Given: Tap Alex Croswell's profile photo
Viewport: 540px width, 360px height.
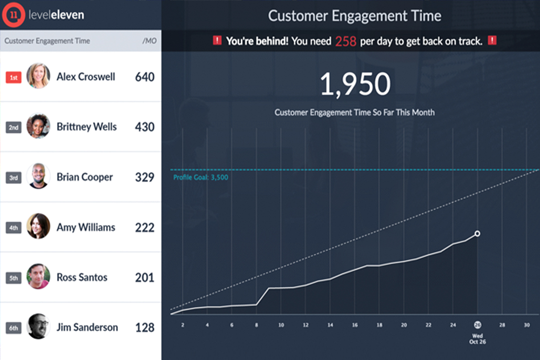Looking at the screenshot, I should click(x=38, y=76).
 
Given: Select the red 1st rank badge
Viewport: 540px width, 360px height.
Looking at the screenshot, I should click(x=13, y=77).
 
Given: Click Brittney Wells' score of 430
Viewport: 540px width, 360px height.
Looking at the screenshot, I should click(x=144, y=127).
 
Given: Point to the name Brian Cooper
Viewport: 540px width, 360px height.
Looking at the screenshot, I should click(x=84, y=177).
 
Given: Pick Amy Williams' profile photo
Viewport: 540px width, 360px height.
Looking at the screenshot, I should click(x=38, y=226).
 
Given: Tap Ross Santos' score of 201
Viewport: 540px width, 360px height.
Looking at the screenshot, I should click(x=144, y=277).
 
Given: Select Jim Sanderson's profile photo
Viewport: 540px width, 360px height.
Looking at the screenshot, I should click(x=38, y=326).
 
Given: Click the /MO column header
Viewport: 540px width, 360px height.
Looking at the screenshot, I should click(x=149, y=41).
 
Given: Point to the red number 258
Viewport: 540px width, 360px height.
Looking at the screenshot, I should click(x=345, y=41).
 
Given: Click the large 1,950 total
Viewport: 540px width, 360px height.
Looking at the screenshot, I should click(x=355, y=85).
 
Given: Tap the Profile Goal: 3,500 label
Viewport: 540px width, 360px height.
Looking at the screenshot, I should click(x=200, y=177).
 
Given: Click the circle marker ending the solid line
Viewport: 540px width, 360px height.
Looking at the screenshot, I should click(x=477, y=233).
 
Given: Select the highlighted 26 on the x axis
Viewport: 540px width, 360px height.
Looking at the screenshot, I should click(x=477, y=324).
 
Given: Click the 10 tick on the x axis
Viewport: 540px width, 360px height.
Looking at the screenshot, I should click(x=281, y=325).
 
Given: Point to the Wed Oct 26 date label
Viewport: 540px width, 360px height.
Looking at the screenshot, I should click(x=477, y=338).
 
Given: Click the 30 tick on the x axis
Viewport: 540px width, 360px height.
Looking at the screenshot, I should click(x=526, y=325).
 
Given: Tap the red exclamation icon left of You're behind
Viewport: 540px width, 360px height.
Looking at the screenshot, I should click(x=217, y=40).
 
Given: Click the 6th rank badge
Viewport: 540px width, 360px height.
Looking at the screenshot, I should click(x=13, y=328).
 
